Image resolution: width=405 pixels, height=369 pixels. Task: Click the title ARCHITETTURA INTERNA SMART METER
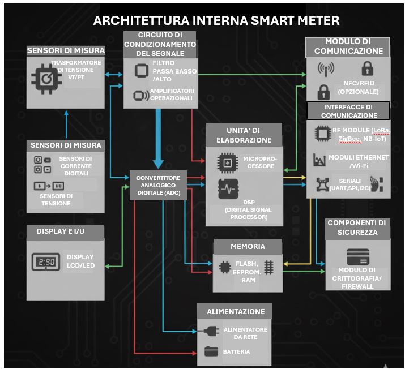[216, 22]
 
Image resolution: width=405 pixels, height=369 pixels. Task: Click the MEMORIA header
[248, 247]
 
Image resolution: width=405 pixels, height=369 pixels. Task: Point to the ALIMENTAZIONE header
[235, 311]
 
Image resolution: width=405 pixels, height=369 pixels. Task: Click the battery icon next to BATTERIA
[211, 352]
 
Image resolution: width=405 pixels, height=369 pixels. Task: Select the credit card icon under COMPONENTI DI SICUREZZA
[357, 255]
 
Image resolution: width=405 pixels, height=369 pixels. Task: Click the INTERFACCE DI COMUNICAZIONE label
[348, 111]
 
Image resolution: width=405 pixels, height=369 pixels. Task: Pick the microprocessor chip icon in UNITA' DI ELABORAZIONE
[228, 162]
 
